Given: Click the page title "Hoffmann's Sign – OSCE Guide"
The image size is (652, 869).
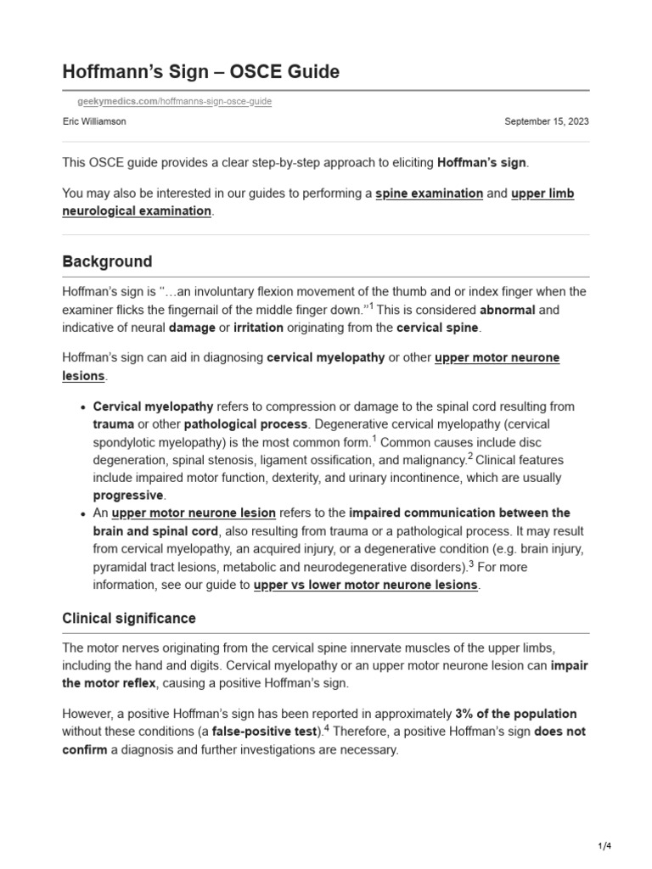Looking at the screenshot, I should click(201, 72).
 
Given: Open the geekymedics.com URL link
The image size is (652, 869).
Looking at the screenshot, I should click(173, 102).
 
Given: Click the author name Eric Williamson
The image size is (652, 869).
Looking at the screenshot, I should click(96, 121).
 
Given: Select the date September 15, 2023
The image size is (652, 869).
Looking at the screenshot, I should click(546, 121).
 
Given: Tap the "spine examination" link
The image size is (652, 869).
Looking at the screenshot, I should click(429, 193).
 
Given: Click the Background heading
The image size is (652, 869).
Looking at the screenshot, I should click(107, 261).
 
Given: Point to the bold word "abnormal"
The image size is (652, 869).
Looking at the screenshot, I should click(507, 310).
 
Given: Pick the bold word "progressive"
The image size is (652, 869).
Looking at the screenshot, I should click(128, 495).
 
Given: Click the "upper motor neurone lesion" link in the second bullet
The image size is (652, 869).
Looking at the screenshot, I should click(194, 513).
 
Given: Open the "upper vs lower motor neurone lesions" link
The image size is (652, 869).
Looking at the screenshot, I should click(366, 585).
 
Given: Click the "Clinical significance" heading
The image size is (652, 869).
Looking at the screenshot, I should click(129, 619).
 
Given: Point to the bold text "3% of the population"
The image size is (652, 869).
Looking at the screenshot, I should click(515, 714).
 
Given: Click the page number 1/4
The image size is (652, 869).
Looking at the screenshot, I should click(604, 846).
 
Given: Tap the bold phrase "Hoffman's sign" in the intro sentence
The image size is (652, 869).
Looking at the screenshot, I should click(482, 163).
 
